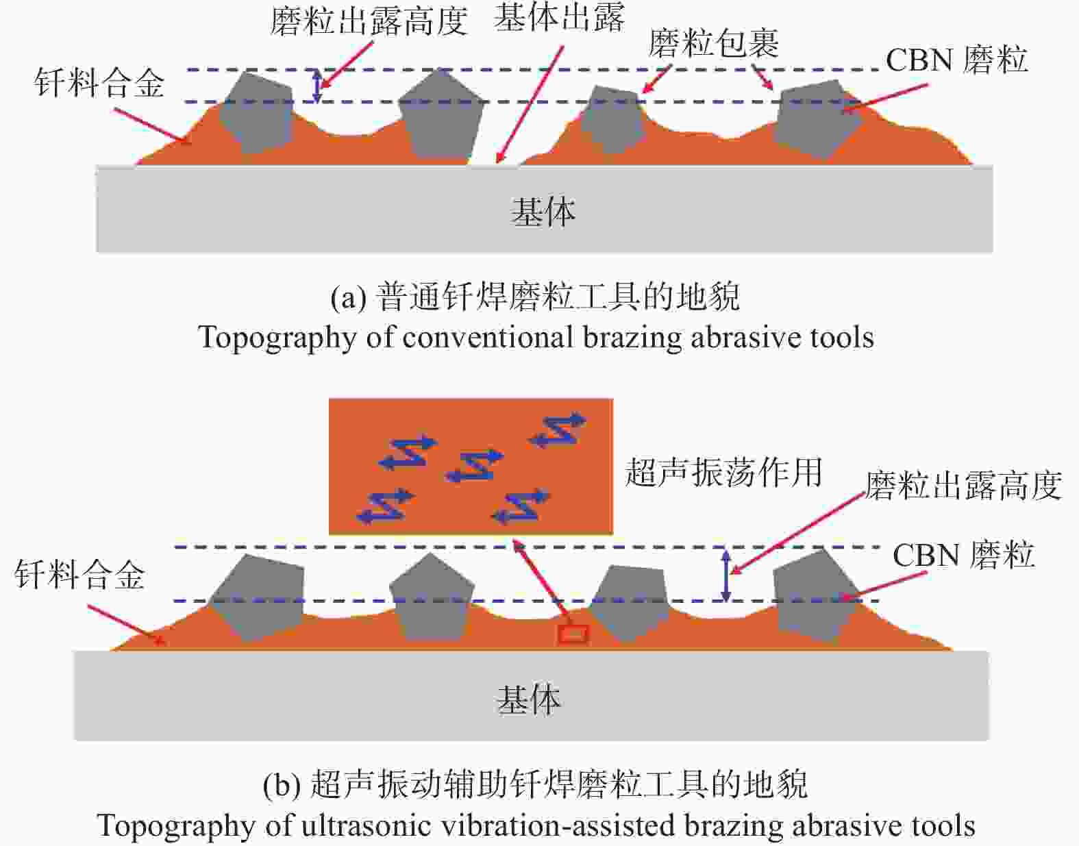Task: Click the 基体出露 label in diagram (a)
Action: coord(558,19)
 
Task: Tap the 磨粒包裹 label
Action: coord(713,43)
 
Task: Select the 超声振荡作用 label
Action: coord(723,472)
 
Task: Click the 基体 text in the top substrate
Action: coord(544,212)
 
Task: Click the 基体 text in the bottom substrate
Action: coord(529,700)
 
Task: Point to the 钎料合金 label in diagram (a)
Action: coord(99,82)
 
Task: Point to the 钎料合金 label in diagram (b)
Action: coord(79,575)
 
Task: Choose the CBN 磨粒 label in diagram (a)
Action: coord(956,60)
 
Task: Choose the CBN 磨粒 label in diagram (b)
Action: coord(964,555)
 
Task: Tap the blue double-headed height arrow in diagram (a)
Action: coord(317,86)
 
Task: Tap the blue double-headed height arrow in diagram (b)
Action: coord(726,575)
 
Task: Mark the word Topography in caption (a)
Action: coord(277,338)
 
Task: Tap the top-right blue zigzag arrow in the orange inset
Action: coord(558,429)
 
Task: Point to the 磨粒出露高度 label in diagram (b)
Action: coord(963,485)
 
